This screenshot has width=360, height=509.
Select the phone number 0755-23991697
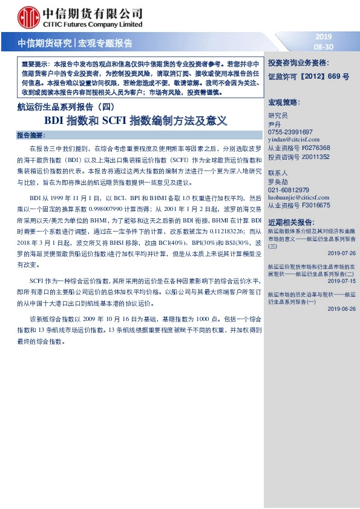[290, 131]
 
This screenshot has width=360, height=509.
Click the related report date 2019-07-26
[342, 253]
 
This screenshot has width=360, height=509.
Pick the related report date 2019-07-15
[342, 280]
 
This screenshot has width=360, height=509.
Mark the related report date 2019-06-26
[342, 308]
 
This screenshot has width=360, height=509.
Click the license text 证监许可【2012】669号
[309, 77]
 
